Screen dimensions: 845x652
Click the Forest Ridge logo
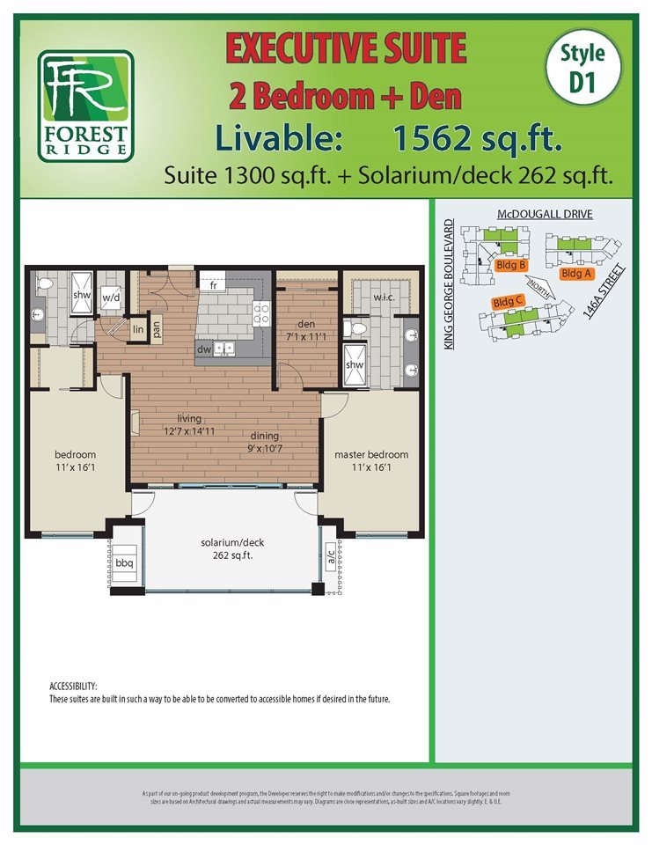[x=85, y=106]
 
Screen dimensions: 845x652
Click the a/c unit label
[x=330, y=557]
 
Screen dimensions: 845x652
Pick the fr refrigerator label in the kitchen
[x=213, y=285]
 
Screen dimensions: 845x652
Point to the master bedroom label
[x=371, y=455]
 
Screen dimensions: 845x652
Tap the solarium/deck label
[x=231, y=542]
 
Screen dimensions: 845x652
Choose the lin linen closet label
[x=137, y=328]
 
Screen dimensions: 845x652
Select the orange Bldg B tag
[x=511, y=264]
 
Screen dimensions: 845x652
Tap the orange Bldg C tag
[x=509, y=302]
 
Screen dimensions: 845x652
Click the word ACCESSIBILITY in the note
[x=73, y=686]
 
